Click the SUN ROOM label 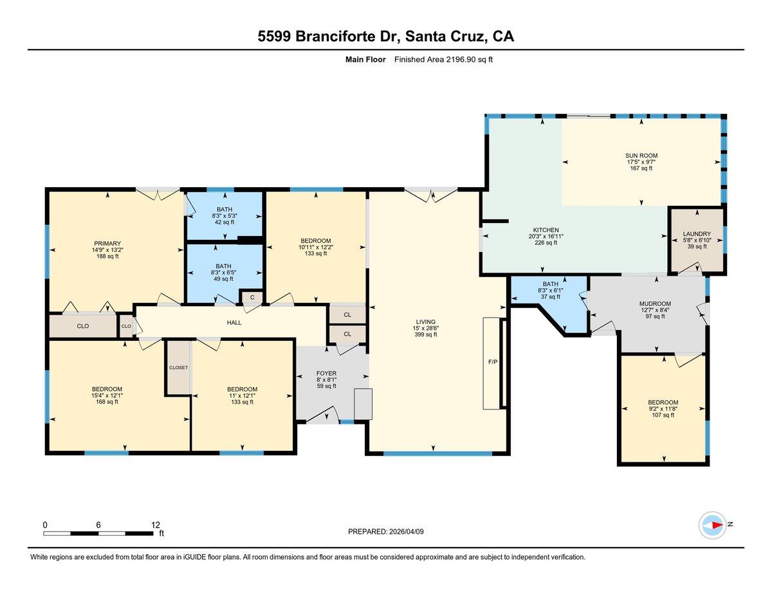641,156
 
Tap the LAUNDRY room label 697,234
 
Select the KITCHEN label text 545,230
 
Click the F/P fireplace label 492,361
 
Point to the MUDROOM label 655,304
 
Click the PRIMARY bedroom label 106,244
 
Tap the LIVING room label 425,322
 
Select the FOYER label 326,374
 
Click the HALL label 234,322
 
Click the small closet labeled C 252,297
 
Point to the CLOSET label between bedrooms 178,368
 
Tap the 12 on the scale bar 155,525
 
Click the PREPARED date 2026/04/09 386,532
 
